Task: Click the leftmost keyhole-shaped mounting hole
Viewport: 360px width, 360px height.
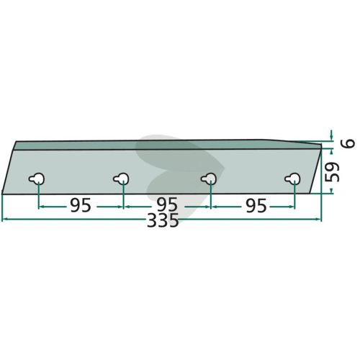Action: pyautogui.click(x=37, y=179)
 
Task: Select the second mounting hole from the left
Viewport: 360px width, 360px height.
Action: pyautogui.click(x=121, y=179)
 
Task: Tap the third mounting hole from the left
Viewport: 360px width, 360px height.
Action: pyautogui.click(x=209, y=179)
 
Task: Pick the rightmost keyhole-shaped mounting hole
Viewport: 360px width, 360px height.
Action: pyautogui.click(x=292, y=179)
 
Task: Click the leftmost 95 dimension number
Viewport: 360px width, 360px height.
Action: pyautogui.click(x=81, y=205)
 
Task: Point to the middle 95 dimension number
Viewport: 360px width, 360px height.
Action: pyautogui.click(x=167, y=205)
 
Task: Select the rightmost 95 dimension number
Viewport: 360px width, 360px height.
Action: pyautogui.click(x=256, y=205)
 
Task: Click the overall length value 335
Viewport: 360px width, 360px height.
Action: pyautogui.click(x=163, y=220)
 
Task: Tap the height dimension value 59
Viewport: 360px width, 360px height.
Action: pyautogui.click(x=332, y=172)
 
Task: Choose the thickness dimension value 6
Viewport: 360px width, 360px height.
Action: pyautogui.click(x=350, y=143)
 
